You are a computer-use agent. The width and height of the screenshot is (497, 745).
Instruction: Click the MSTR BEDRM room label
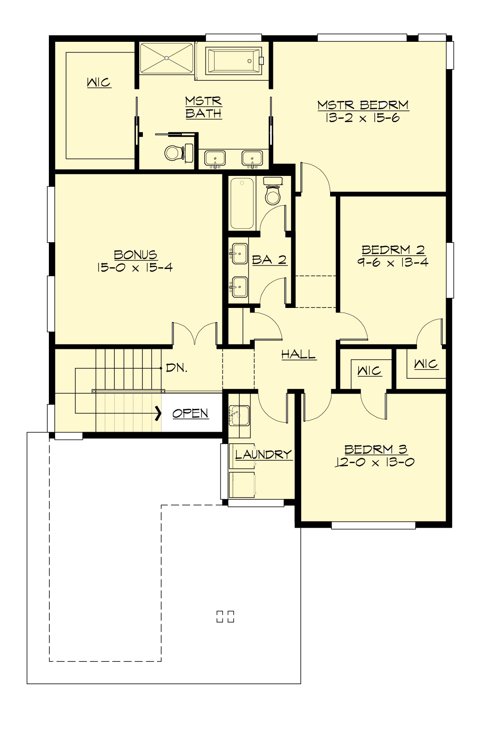363,105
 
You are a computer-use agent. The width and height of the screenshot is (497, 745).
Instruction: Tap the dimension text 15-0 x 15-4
135,267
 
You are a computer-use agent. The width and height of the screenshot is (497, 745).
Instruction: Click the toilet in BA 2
273,192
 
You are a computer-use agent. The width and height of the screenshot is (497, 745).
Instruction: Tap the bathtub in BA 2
242,203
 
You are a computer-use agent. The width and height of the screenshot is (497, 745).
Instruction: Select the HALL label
298,354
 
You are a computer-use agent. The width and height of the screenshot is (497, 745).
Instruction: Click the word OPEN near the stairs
190,413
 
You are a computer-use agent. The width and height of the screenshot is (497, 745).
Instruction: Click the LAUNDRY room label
263,454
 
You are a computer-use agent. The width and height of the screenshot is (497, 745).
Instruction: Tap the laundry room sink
239,416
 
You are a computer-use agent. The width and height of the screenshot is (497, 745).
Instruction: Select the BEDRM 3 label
376,449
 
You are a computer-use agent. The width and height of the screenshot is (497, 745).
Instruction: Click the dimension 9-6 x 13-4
393,262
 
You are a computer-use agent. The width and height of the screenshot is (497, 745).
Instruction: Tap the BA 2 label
269,260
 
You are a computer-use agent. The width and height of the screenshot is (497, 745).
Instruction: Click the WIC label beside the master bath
99,82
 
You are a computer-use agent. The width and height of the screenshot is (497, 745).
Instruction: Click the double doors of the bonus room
195,333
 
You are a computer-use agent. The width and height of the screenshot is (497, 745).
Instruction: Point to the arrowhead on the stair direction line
158,413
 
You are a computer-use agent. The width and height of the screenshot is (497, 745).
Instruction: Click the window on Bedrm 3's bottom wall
373,525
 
